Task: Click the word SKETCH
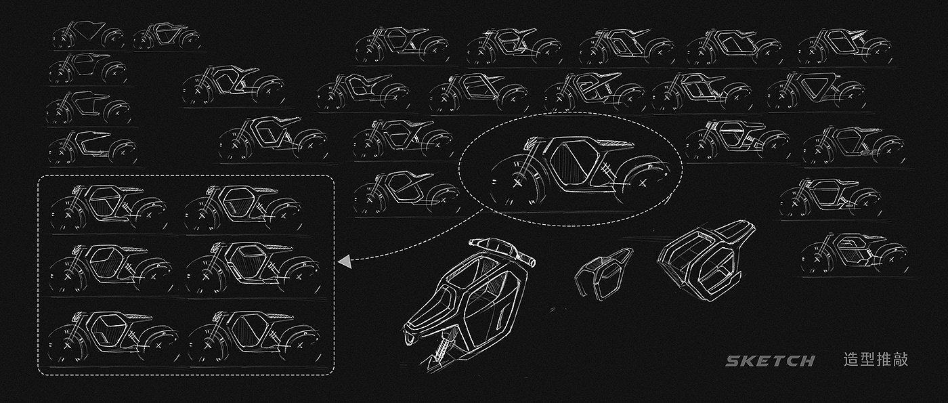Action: tap(771, 360)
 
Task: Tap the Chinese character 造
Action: tap(851, 360)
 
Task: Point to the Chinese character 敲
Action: tap(900, 360)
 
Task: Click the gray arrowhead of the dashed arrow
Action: tap(345, 261)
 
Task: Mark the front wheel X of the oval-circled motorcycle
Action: tap(517, 184)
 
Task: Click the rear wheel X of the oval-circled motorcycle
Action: tap(643, 183)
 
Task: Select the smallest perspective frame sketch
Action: tap(604, 274)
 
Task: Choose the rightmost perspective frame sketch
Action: tap(706, 259)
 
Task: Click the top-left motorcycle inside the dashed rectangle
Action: tap(109, 207)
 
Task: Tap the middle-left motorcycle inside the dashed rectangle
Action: tap(111, 269)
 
